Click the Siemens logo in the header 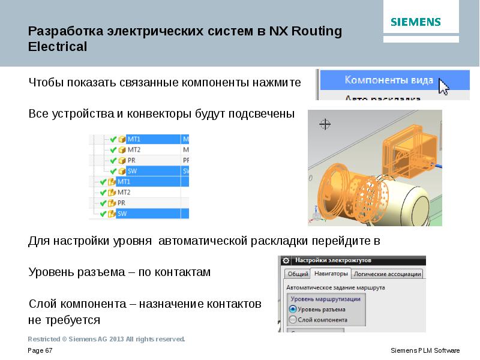416,22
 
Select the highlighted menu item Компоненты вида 388,80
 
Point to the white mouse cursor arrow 443,86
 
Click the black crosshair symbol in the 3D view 325,124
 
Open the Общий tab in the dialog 298,274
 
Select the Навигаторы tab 330,274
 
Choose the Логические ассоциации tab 387,274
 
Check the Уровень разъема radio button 293,309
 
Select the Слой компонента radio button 293,319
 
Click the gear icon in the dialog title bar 286,261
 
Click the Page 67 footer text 41,350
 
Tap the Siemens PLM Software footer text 425,350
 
